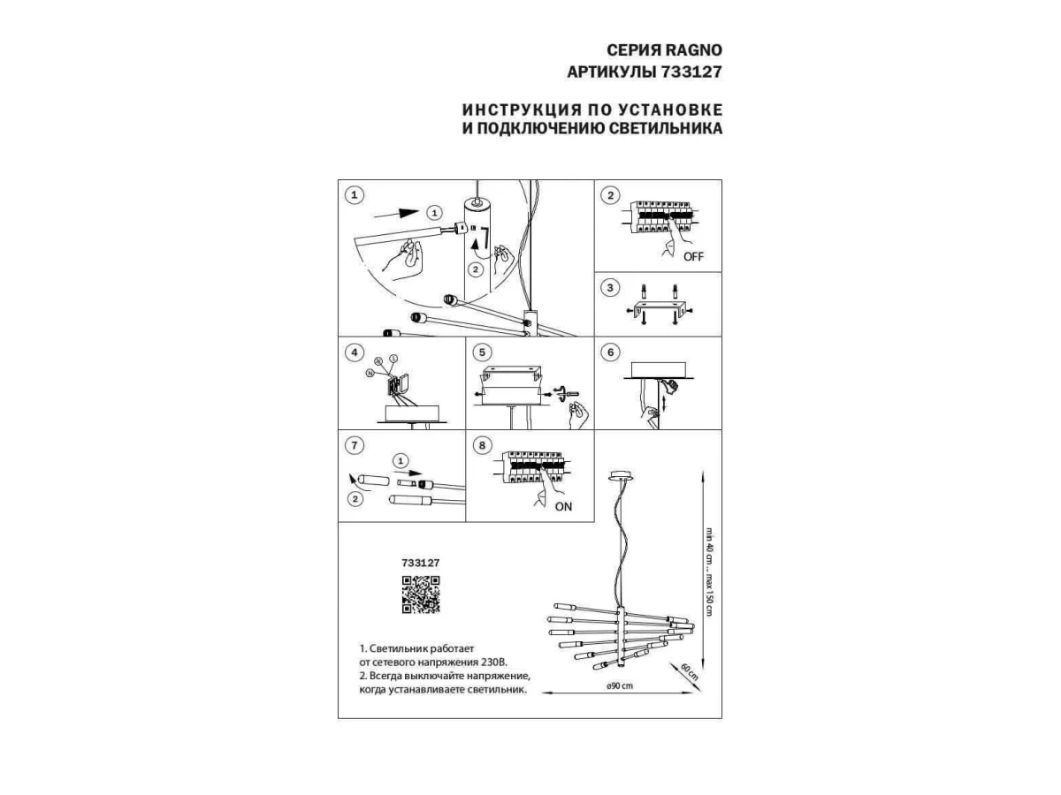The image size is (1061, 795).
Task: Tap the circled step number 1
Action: tap(355, 195)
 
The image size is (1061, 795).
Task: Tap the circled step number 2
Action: tap(609, 195)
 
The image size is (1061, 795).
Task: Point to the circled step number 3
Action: tap(609, 288)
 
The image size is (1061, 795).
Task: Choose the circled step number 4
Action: tap(355, 352)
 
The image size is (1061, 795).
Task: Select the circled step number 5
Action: tap(482, 352)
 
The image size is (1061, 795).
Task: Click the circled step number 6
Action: tap(609, 352)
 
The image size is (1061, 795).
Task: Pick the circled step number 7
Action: tap(355, 446)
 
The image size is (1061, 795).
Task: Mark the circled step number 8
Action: tap(482, 446)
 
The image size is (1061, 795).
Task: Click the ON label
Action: tap(563, 506)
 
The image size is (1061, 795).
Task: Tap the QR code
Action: tap(421, 594)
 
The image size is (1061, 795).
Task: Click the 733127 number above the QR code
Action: tap(421, 562)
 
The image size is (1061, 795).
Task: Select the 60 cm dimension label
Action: tap(690, 674)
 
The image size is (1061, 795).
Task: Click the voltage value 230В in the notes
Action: tap(495, 661)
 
